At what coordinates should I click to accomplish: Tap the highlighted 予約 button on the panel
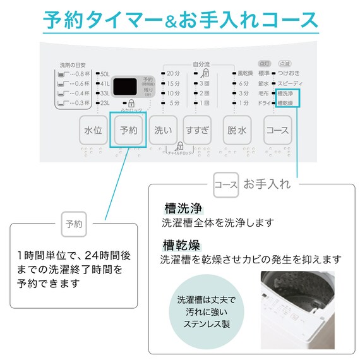[x=128, y=131]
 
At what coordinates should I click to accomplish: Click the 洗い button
[x=163, y=131]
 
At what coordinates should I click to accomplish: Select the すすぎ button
[x=196, y=131]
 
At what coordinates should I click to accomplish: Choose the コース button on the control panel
[x=278, y=131]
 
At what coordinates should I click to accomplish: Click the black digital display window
[x=128, y=87]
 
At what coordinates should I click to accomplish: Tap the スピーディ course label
[x=290, y=83]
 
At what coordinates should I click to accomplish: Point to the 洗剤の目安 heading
[x=71, y=64]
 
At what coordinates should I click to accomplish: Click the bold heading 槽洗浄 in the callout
[x=182, y=208]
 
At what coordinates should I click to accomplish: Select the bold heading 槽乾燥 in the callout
[x=182, y=244]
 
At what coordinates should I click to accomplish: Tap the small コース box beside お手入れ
[x=226, y=184]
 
